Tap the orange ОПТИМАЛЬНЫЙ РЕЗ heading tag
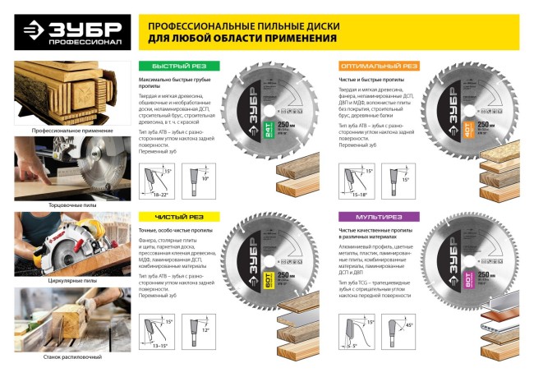378,66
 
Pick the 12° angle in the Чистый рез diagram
208,329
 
